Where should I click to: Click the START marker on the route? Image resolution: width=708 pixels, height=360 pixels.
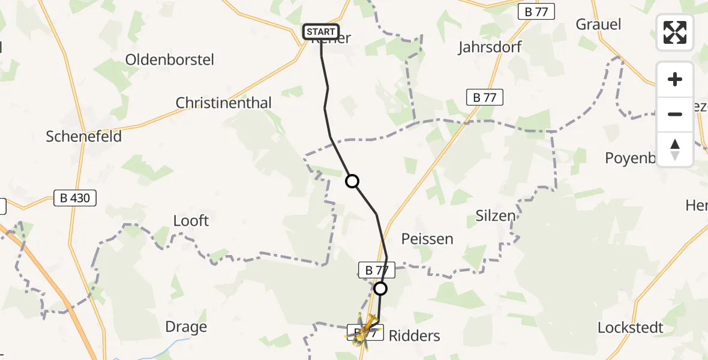point(321,32)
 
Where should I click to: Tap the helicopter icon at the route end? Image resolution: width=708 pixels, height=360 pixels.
point(364,331)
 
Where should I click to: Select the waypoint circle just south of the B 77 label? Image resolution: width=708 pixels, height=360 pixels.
point(380,289)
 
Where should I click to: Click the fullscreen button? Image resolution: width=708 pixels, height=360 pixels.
point(675,32)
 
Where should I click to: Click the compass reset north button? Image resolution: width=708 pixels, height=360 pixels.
point(675,149)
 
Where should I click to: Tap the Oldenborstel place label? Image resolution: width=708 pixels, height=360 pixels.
point(170,60)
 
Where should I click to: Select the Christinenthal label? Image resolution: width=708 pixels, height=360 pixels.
point(223,103)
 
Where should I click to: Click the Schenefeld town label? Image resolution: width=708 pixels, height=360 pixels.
point(84,137)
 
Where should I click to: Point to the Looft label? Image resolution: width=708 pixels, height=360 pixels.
point(191,221)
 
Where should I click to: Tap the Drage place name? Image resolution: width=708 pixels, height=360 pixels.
point(186,328)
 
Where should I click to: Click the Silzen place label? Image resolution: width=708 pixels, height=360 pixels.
point(496,216)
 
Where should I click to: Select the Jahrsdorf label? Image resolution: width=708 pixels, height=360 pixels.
point(490,47)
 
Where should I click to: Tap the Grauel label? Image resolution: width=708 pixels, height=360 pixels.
point(598,25)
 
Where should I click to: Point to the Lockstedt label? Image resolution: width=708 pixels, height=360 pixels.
point(631,328)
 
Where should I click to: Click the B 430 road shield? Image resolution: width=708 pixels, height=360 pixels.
point(75,197)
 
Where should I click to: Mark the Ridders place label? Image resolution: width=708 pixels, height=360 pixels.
point(415,336)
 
